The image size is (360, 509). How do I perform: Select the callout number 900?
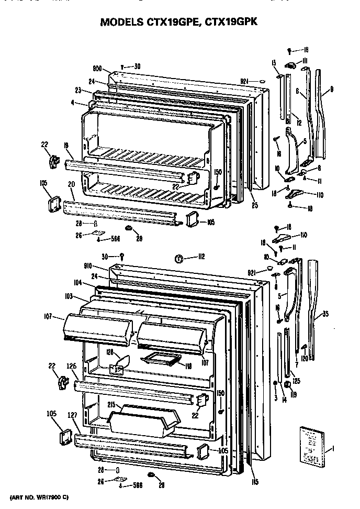97,69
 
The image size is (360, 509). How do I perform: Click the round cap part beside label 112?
178,258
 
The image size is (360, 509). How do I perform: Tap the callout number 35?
325,314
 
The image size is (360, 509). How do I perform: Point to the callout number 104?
77,282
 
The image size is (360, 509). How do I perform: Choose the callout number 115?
254,482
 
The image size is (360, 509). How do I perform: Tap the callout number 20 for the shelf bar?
71,184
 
